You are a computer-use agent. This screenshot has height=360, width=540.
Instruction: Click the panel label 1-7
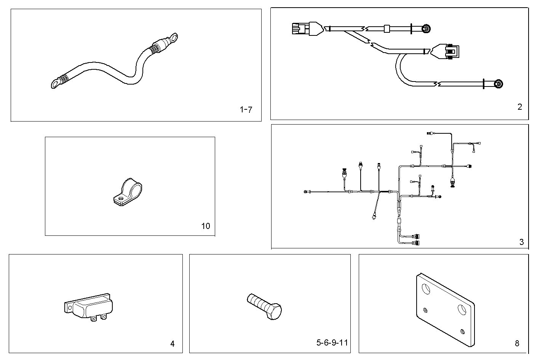246,110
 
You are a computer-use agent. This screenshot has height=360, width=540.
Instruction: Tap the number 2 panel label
519,107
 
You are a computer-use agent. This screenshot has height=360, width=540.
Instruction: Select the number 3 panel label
521,242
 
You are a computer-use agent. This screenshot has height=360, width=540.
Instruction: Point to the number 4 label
172,344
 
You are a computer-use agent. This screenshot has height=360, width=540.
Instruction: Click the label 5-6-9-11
332,342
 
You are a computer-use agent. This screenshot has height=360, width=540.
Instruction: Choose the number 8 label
517,344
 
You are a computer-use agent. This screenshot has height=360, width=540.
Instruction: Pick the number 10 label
205,226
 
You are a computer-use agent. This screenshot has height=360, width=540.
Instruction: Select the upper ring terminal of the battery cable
174,37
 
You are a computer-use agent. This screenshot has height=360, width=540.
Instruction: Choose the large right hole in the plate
462,310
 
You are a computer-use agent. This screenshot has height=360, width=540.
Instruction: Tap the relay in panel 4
89,306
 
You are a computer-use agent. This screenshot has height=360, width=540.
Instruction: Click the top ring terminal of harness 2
427,28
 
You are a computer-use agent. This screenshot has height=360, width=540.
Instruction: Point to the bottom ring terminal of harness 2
498,84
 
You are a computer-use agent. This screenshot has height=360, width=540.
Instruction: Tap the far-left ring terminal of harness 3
305,192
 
